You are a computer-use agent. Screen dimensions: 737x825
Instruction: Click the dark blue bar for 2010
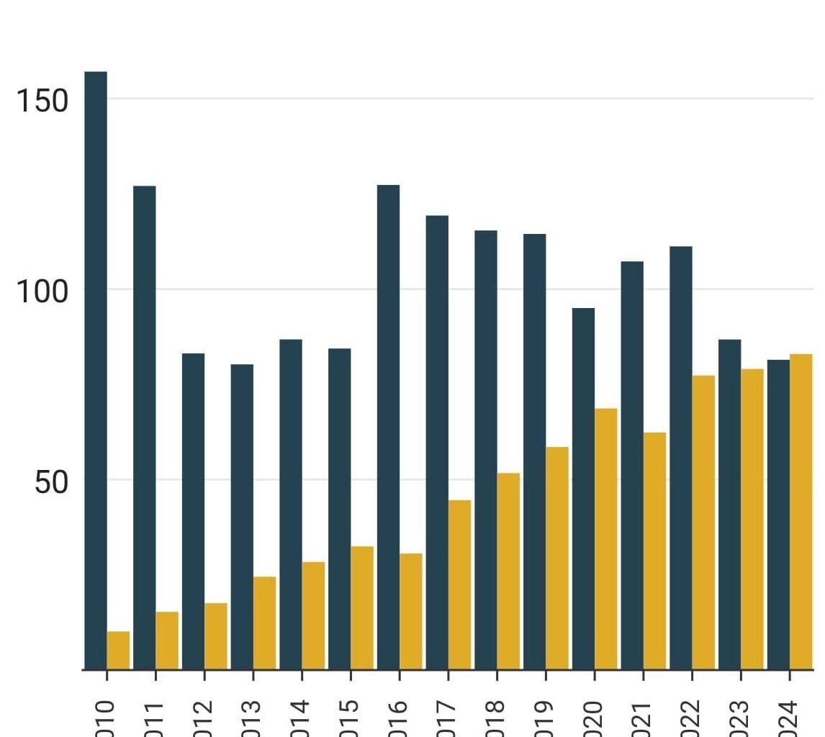coord(96,371)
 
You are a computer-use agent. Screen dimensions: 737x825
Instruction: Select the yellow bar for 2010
coord(118,651)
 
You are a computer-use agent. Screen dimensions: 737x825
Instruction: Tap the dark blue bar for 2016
coord(388,428)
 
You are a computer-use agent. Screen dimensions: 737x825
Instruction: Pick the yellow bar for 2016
coord(410,612)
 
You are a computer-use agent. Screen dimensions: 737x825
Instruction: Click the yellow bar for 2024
coord(801,512)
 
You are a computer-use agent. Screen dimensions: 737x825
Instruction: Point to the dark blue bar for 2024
coord(778,515)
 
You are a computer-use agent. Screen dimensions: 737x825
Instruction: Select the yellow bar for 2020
coord(605,539)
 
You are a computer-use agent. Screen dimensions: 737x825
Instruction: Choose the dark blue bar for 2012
coord(193,512)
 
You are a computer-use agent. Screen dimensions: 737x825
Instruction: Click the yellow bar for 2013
coord(264,623)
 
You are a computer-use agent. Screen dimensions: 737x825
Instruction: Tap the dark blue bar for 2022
coord(680,458)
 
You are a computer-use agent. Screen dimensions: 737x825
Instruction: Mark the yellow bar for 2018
coord(508,571)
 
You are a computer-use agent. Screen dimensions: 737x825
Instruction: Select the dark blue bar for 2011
coord(144,428)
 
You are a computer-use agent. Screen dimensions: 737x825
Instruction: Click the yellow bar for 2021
coord(654,551)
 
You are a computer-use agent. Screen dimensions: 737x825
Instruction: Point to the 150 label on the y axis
coord(42,101)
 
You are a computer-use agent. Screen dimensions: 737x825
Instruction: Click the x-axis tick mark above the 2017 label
coord(448,675)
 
